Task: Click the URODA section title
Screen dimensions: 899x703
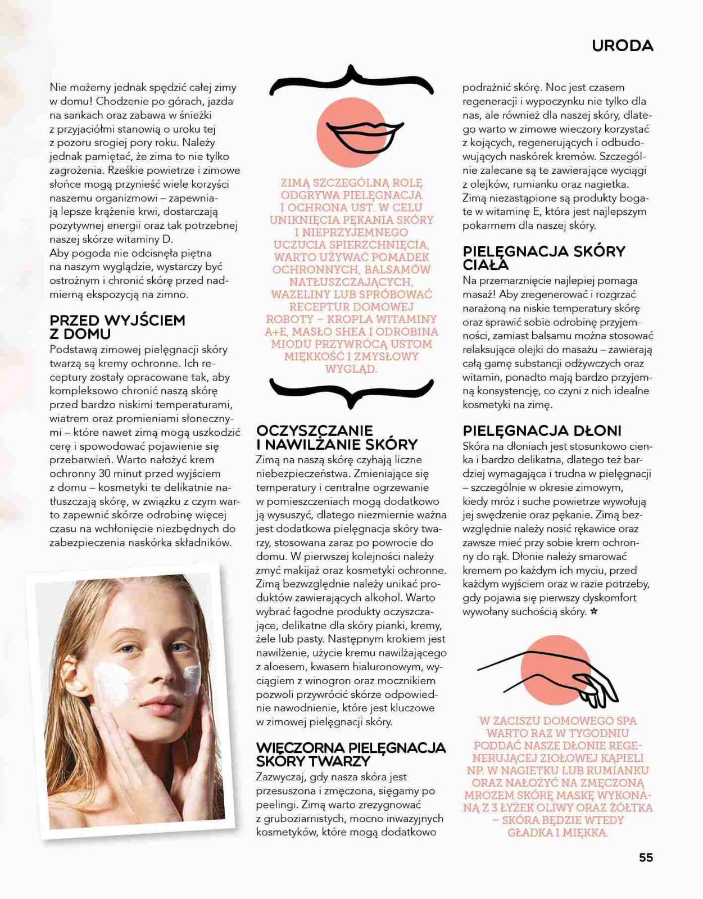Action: (x=622, y=46)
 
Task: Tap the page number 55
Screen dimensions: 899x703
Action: (x=646, y=857)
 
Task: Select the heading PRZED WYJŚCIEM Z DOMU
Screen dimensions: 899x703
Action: (x=117, y=327)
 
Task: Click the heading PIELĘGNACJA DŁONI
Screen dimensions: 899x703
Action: (x=542, y=431)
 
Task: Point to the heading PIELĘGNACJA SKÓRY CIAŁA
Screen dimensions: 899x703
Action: (x=543, y=257)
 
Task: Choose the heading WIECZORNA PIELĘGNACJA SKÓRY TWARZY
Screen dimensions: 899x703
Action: (x=351, y=755)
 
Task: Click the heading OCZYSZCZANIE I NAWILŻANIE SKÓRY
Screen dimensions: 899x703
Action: (x=337, y=437)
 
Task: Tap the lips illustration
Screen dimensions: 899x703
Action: (x=364, y=137)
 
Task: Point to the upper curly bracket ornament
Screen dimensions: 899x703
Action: (x=351, y=82)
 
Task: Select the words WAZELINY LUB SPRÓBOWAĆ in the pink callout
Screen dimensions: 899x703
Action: (x=351, y=295)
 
